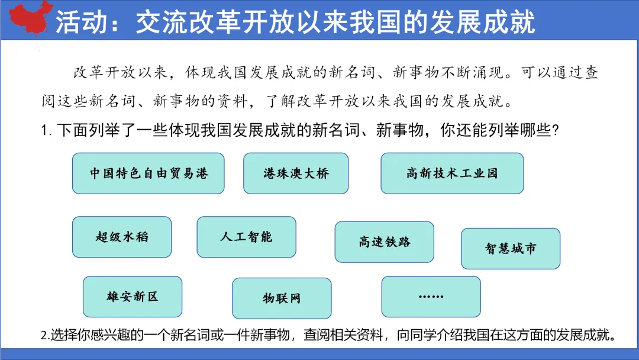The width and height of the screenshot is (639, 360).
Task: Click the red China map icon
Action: [27, 18]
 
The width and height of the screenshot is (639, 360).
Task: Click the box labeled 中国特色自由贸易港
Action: [149, 173]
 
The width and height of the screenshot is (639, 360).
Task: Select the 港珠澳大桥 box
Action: [296, 173]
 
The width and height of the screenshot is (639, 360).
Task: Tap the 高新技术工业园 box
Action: [452, 173]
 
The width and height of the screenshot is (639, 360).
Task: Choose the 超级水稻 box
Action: [122, 237]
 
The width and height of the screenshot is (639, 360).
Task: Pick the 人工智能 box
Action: [246, 237]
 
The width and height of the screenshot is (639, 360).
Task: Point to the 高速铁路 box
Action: [384, 242]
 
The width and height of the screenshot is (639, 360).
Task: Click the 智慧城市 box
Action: [511, 249]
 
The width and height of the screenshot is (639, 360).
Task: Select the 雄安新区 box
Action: [133, 297]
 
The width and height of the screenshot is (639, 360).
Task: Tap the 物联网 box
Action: [282, 298]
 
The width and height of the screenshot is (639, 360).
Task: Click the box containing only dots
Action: [431, 297]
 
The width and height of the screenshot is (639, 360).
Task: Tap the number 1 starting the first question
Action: [44, 131]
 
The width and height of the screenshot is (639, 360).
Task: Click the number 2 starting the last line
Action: [44, 336]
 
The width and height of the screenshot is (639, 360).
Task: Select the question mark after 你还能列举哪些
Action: [555, 131]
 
